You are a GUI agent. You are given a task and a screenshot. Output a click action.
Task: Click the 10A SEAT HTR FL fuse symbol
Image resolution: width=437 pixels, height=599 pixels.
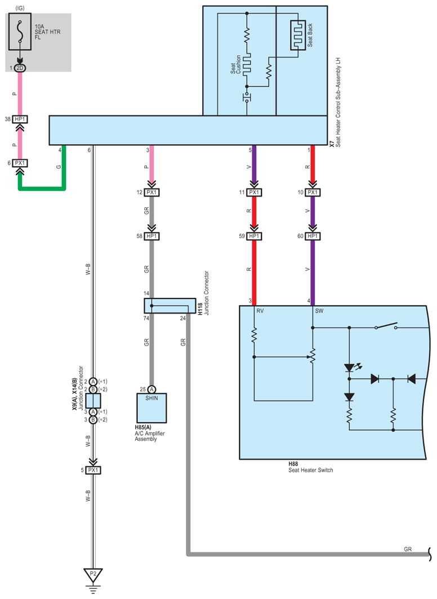point(20,34)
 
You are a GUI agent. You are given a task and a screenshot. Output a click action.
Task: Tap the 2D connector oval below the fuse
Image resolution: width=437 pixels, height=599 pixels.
point(20,68)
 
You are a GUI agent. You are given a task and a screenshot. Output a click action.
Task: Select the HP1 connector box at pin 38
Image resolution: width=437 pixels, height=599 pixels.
point(20,119)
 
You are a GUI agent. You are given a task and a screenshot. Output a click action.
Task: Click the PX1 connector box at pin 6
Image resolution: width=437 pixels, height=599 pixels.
point(20,163)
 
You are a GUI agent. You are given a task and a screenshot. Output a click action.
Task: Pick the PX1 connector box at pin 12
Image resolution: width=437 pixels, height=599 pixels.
point(151,193)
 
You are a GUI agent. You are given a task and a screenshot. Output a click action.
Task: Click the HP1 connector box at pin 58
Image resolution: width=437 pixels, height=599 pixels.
point(151,236)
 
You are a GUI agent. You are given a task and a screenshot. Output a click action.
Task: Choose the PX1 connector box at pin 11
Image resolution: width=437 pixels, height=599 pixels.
point(254,193)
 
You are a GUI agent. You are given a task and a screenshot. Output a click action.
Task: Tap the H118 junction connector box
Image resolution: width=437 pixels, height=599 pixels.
point(169,306)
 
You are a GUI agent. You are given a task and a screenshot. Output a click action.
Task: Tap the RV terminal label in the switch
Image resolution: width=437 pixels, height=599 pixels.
point(261,311)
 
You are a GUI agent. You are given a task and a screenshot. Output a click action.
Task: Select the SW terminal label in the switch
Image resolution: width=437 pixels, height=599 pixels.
point(319,311)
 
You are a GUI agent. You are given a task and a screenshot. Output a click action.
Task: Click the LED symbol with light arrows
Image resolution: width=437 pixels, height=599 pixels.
point(349,369)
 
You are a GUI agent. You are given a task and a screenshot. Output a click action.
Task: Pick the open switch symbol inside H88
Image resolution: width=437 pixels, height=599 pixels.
point(386,327)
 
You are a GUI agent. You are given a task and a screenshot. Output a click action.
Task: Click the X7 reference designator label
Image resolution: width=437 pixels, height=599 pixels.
point(331,144)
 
